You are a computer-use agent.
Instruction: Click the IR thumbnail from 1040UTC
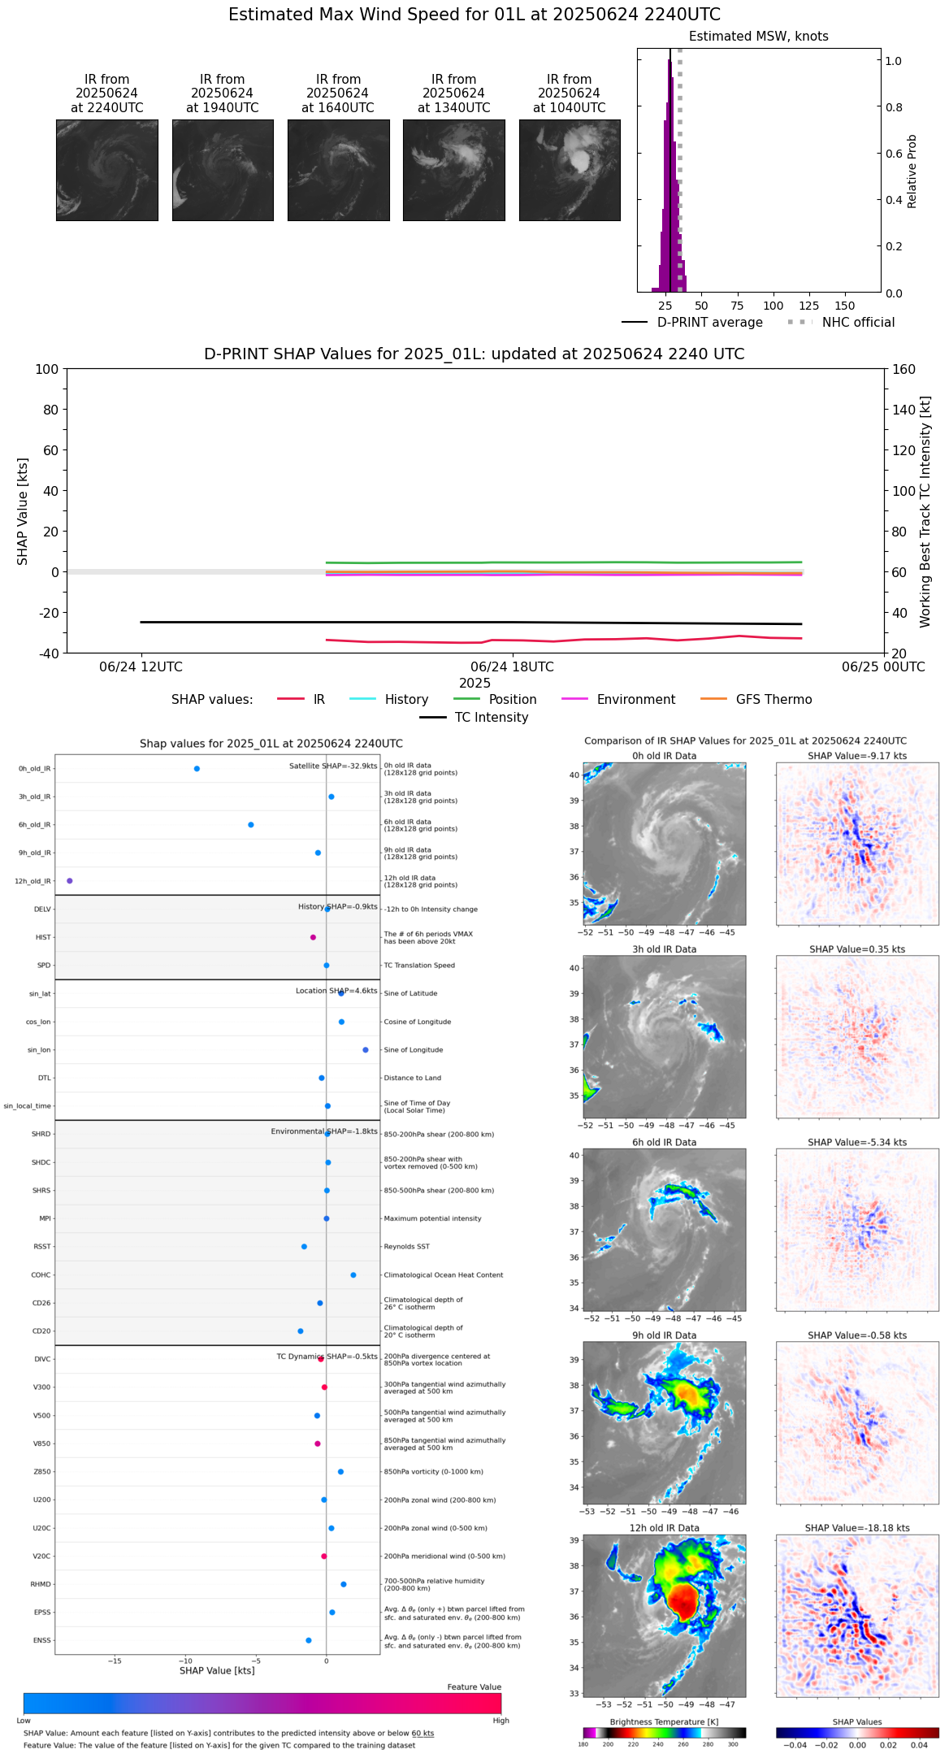570,170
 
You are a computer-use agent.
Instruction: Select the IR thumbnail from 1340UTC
453,170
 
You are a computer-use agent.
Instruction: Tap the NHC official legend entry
841,323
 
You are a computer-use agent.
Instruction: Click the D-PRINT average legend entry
692,323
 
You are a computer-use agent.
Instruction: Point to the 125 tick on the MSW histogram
809,306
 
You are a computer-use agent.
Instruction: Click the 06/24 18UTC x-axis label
512,667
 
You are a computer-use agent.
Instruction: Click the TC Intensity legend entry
474,718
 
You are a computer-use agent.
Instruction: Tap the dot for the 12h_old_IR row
70,881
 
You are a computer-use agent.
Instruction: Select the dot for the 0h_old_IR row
197,769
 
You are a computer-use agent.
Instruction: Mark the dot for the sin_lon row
366,1050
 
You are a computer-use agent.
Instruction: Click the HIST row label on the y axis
43,938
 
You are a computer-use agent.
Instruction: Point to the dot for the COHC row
353,1275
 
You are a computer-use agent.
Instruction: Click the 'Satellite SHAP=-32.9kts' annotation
333,766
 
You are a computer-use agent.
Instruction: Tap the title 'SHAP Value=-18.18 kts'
857,1528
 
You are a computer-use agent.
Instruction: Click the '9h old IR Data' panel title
664,1335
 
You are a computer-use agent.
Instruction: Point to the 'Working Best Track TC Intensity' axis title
925,512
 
